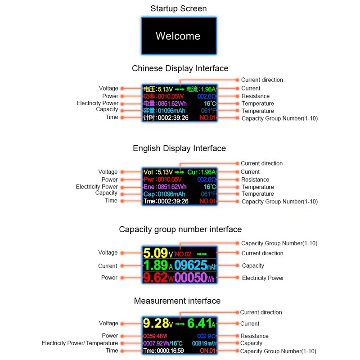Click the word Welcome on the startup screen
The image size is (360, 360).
pos(178,36)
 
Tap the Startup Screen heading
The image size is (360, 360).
pos(179,9)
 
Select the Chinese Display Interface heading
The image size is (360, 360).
pos(180,68)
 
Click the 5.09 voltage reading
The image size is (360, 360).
pos(155,253)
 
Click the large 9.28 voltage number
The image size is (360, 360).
pos(155,323)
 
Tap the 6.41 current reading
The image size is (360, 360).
pos(199,323)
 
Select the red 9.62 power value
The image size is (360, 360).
pos(155,277)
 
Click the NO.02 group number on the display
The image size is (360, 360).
pos(183,254)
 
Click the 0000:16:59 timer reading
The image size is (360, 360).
pos(171,351)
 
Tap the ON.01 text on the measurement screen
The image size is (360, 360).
pos(207,351)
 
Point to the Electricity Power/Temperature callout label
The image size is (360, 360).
pos(80,343)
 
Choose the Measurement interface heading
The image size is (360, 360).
pos(177,301)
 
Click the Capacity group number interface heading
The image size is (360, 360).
pos(180,229)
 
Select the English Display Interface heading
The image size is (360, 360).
pos(179,148)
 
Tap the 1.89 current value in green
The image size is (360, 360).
pos(156,265)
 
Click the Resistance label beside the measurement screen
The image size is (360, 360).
pos(254,336)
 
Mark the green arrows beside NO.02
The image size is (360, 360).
pos(202,254)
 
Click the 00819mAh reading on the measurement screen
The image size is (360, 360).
pos(204,343)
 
